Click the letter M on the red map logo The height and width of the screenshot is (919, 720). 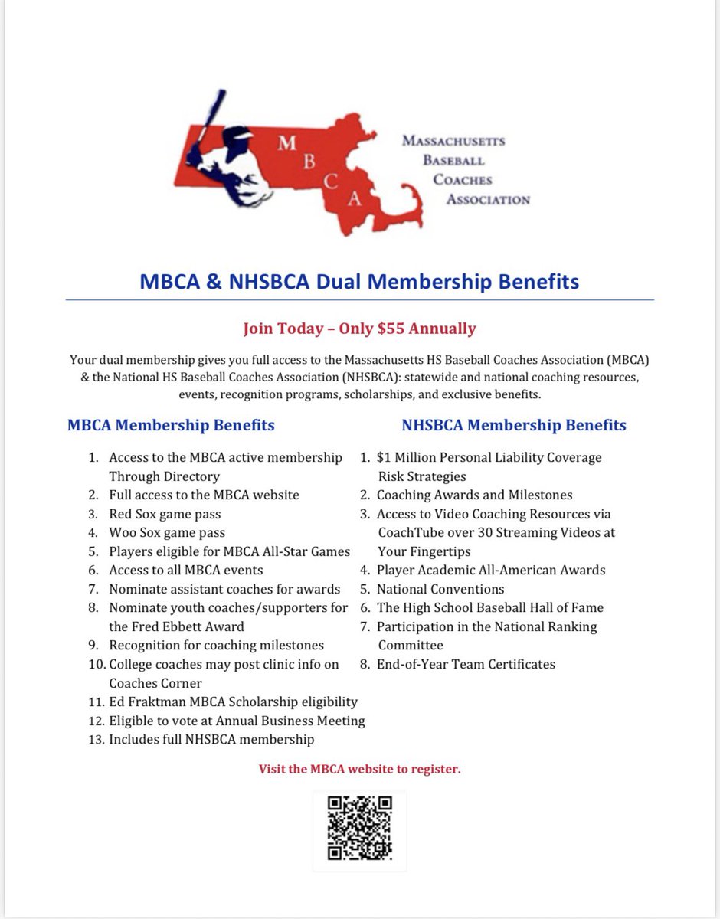pos(286,146)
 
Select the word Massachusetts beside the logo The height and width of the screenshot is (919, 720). pos(453,142)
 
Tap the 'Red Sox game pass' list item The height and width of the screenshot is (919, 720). pos(165,514)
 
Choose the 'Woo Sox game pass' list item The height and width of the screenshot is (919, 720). pos(167,532)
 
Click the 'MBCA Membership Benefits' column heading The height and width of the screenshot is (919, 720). pos(171,424)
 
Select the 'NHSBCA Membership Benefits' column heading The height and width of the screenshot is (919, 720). pos(514,424)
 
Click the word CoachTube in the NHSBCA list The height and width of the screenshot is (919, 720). pos(411,532)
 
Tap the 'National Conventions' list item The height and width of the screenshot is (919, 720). pos(440,589)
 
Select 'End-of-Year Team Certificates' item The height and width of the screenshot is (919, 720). pos(466,664)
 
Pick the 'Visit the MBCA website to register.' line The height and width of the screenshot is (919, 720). pos(359,769)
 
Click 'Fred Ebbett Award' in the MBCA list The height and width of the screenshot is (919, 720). pos(177,626)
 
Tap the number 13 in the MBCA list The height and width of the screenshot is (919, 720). pos(95,739)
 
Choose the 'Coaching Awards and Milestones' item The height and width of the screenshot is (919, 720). pos(474,495)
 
